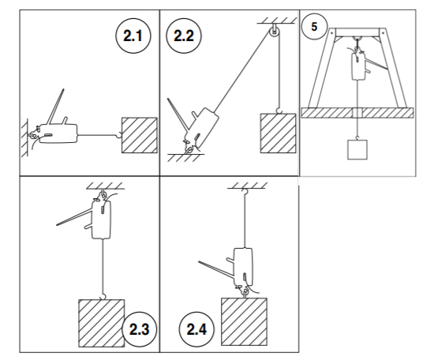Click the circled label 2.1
(x=133, y=36)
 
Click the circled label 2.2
(x=184, y=36)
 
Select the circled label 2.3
(x=139, y=329)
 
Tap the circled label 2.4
(x=196, y=329)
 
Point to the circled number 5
(x=314, y=27)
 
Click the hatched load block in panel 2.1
(x=140, y=135)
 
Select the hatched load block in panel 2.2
(x=278, y=133)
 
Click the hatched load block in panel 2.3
(x=102, y=323)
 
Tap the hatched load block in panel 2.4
(x=244, y=322)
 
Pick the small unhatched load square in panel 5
(x=357, y=149)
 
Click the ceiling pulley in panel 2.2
(x=274, y=32)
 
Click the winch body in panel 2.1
(x=58, y=133)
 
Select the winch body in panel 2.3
(x=101, y=219)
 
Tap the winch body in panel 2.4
(x=243, y=267)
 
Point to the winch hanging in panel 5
(x=358, y=66)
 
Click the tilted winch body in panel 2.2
(x=201, y=127)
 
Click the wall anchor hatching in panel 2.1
(x=24, y=137)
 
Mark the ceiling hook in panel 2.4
(x=244, y=191)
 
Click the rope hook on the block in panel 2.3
(x=103, y=297)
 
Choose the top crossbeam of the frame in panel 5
(x=357, y=32)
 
